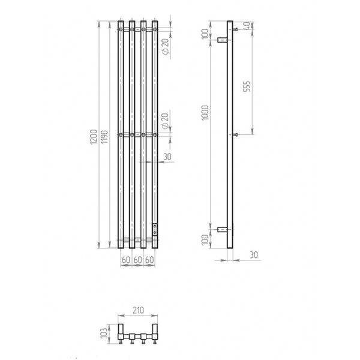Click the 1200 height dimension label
coord(94,137)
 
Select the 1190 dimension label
coord(104,137)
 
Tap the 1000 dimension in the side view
coord(205,113)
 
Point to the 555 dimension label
coord(247,86)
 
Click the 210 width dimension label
coord(139,310)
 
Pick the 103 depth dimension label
coord(104,332)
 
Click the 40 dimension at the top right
coord(247,25)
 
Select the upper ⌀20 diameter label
coord(166,46)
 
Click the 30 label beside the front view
coord(167,157)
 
